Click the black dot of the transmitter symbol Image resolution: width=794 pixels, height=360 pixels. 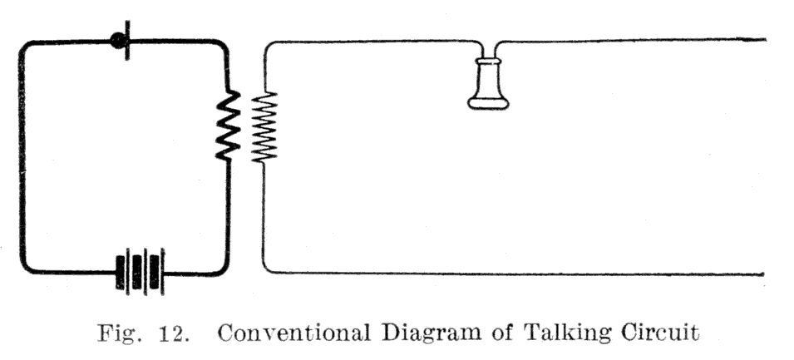pos(119,41)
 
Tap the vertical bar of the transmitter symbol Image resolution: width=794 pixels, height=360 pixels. pos(127,41)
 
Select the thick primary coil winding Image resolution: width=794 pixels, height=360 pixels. pos(228,126)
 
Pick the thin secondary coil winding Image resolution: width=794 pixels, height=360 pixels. pos(264,127)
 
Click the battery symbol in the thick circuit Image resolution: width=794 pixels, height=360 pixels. pos(141,272)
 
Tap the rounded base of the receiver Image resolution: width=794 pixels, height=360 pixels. pos(488,103)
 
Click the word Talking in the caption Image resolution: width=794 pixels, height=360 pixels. pos(569,334)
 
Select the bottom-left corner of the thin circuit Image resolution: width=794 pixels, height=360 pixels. pos(265,270)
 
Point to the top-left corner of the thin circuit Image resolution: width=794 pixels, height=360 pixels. pos(266,45)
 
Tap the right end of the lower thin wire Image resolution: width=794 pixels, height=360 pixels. pos(763,275)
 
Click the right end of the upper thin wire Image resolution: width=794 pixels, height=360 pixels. pos(766,39)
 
